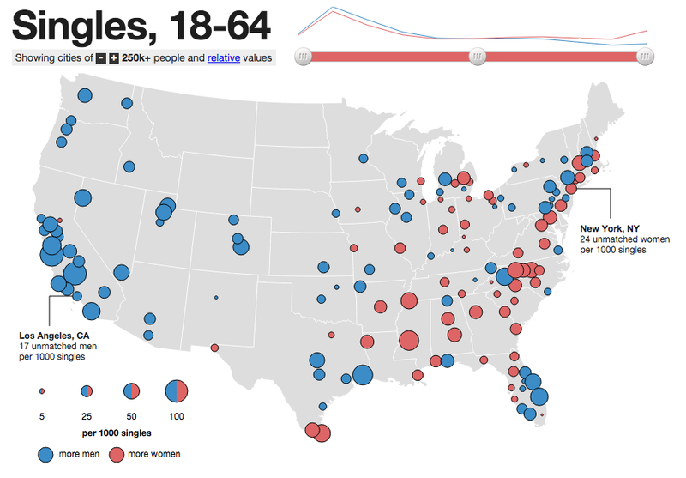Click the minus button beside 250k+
click(100, 58)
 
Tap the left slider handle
click(304, 57)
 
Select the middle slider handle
click(477, 57)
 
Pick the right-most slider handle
click(646, 57)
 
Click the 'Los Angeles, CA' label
click(54, 335)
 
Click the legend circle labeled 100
click(176, 391)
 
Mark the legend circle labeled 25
click(87, 391)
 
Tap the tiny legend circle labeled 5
click(41, 391)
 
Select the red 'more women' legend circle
click(117, 453)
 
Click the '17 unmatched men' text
click(58, 345)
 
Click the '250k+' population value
click(137, 58)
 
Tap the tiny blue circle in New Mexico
click(216, 297)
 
